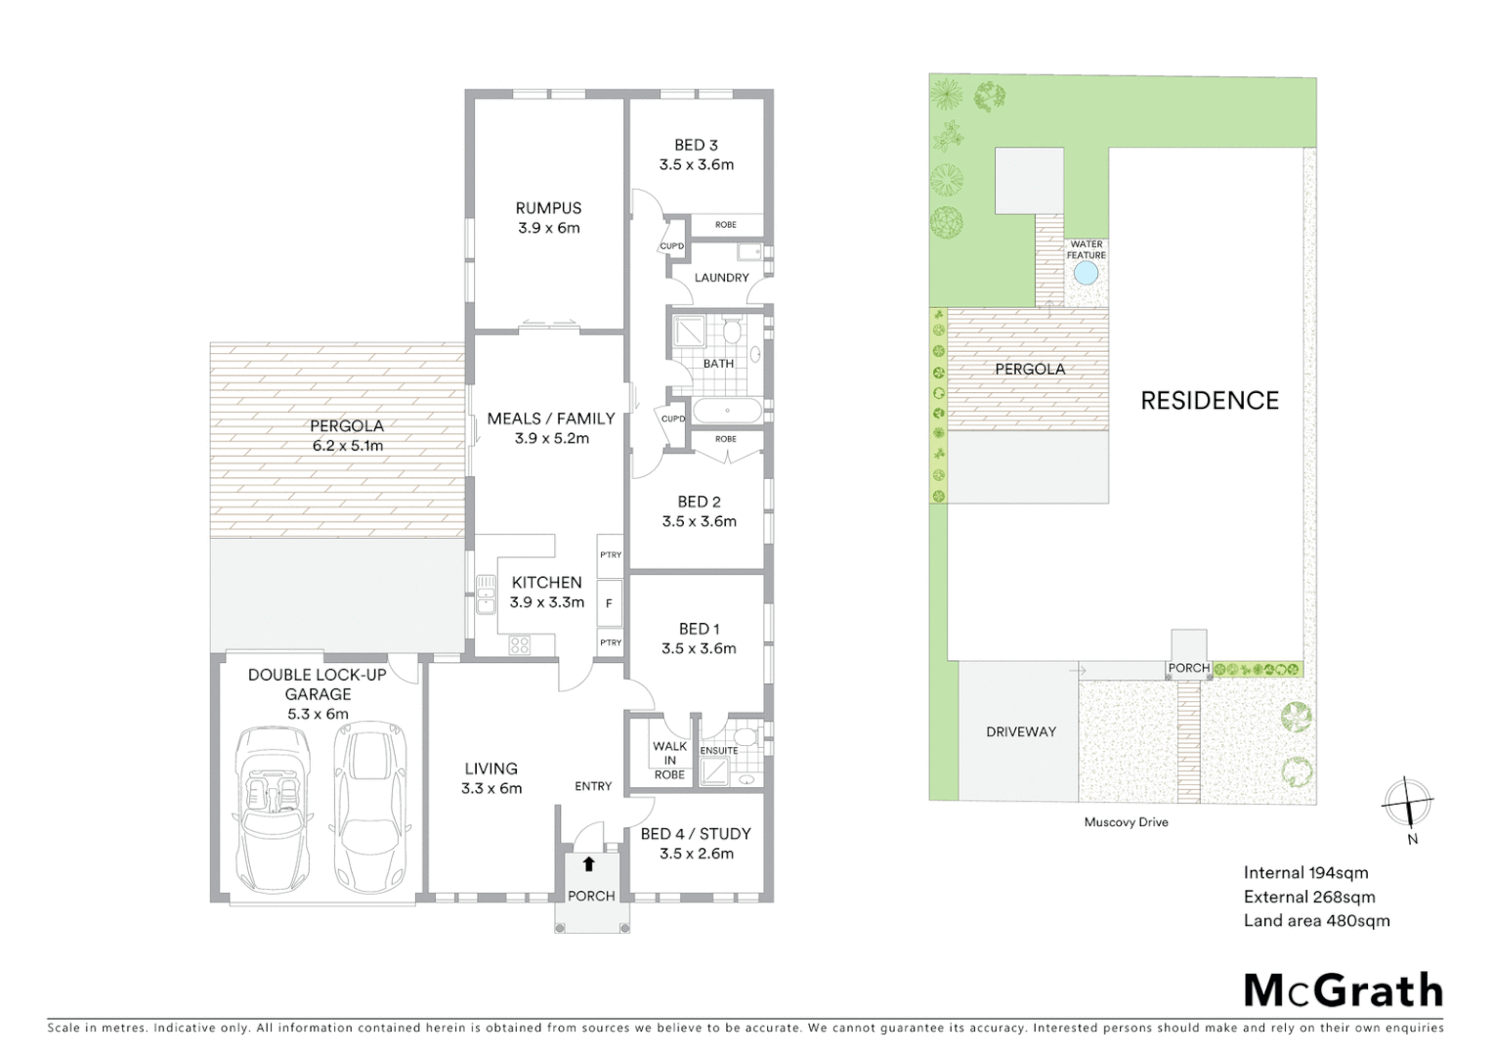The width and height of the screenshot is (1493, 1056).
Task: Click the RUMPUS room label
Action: pyautogui.click(x=548, y=208)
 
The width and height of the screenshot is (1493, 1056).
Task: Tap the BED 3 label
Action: pyautogui.click(x=696, y=145)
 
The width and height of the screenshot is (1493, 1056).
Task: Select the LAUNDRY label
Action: pyautogui.click(x=721, y=278)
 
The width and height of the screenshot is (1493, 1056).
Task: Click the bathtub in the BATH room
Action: pyautogui.click(x=727, y=411)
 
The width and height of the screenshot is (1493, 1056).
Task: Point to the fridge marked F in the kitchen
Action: pyautogui.click(x=609, y=603)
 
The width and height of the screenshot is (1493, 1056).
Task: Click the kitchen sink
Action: pyautogui.click(x=486, y=594)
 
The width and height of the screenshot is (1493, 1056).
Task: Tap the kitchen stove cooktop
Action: pyautogui.click(x=519, y=644)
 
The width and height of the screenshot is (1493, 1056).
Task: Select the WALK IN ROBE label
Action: pyautogui.click(x=669, y=760)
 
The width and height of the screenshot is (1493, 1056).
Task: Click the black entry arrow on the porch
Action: pyautogui.click(x=589, y=864)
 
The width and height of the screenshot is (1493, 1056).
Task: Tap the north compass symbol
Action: pyautogui.click(x=1407, y=805)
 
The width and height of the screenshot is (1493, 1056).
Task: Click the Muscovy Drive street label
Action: pyautogui.click(x=1126, y=822)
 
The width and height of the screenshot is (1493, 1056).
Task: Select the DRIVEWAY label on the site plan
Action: pyautogui.click(x=1020, y=731)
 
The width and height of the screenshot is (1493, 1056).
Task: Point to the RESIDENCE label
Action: pyautogui.click(x=1210, y=400)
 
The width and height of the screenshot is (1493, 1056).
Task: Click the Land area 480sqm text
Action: pyautogui.click(x=1316, y=920)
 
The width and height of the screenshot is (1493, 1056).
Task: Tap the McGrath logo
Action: pyautogui.click(x=1343, y=990)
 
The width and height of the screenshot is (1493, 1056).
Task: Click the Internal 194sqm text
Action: pyautogui.click(x=1305, y=873)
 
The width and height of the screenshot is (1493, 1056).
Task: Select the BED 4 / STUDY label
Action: pyautogui.click(x=696, y=834)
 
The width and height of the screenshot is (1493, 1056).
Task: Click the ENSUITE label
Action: pyautogui.click(x=719, y=751)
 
